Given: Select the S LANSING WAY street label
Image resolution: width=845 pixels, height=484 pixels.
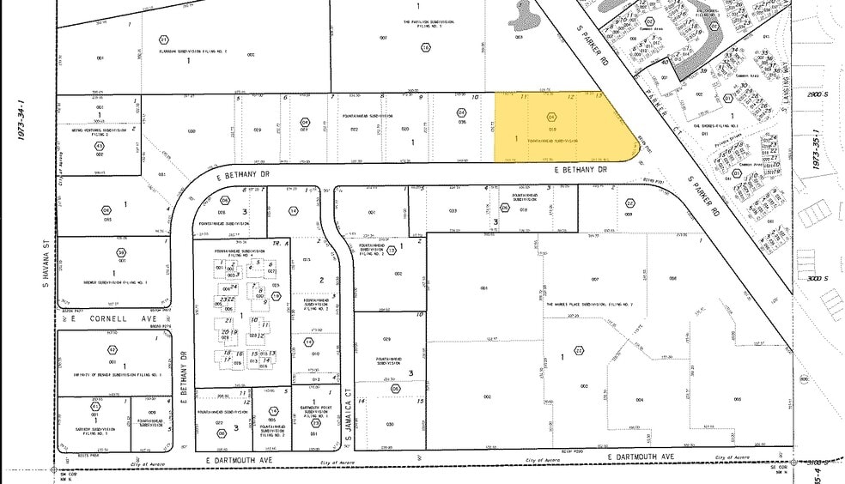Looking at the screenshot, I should tap(787, 52).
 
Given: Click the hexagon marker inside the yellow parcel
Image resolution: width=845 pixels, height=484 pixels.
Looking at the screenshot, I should tap(551, 117).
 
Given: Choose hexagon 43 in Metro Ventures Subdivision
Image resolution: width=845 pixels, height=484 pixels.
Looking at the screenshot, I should tap(99, 145).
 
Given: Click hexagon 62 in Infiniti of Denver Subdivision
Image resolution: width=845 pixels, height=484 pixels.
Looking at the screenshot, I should tap(112, 349).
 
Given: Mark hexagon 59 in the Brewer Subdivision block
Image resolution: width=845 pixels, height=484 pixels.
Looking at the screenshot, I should tap(122, 251).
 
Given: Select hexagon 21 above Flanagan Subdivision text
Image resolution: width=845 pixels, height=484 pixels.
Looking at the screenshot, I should tap(163, 39).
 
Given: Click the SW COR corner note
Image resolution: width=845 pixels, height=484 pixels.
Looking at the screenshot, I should tap(65, 474).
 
